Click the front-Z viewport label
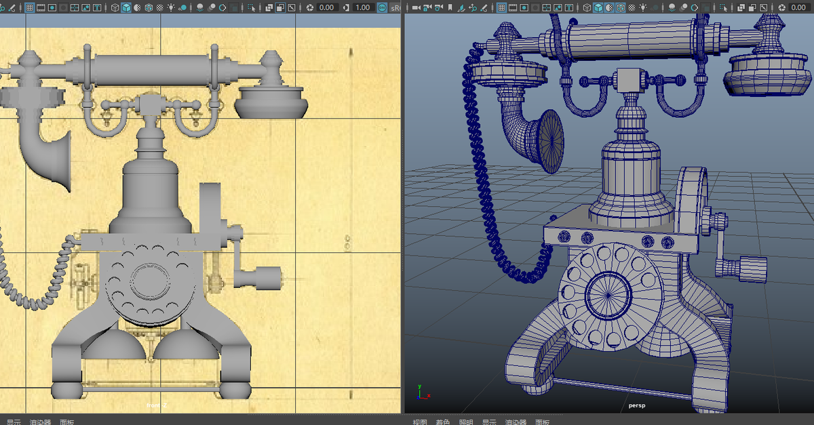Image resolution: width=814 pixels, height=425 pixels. pyautogui.click(x=157, y=405)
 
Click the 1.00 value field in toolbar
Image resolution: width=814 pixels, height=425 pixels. pyautogui.click(x=362, y=7)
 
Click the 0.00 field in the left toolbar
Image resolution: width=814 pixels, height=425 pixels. pyautogui.click(x=326, y=7)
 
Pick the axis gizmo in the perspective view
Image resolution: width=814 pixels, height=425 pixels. pyautogui.click(x=421, y=391)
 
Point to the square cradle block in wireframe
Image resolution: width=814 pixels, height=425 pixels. pyautogui.click(x=629, y=81)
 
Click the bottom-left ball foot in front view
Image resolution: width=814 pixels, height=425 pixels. pyautogui.click(x=66, y=389)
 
